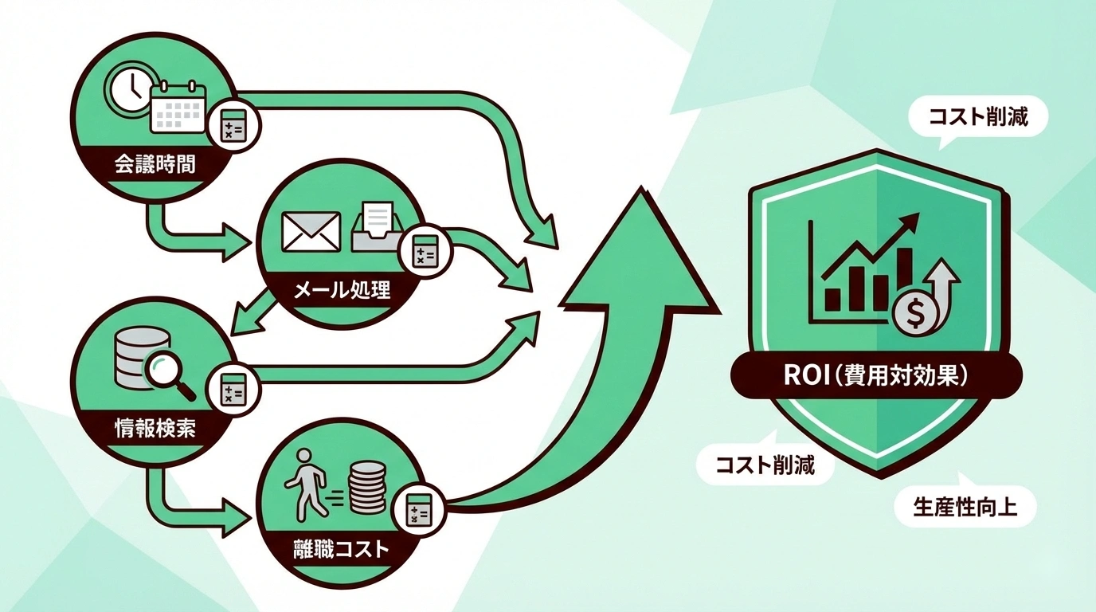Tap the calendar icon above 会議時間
178,108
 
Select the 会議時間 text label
154,167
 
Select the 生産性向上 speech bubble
965,507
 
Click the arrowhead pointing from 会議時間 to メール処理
235,244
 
